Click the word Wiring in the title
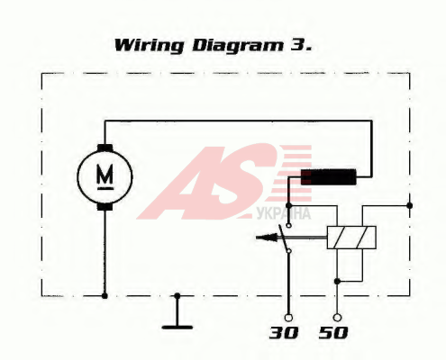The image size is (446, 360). tap(149, 46)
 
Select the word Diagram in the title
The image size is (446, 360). tap(238, 46)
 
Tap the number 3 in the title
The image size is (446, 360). tap(296, 45)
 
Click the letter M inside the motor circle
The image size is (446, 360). tap(105, 175)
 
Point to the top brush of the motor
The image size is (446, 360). tap(105, 148)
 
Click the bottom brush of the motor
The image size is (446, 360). tap(105, 206)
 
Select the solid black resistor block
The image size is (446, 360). tap(329, 177)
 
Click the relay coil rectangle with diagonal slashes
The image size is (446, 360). tap(351, 238)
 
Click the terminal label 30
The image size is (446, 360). tap(284, 333)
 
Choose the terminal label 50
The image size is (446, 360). tap(333, 333)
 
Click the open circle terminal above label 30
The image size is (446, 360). tap(289, 318)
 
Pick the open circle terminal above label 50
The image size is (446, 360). tap(338, 318)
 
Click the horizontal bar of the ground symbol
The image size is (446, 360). tap(177, 327)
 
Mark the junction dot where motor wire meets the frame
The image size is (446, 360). tap(105, 296)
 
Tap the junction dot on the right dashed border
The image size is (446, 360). tap(409, 206)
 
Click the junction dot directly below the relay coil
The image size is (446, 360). tap(337, 282)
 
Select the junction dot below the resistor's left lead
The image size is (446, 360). tap(289, 206)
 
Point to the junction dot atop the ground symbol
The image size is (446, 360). tap(177, 296)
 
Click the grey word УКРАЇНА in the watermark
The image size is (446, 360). tap(284, 213)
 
